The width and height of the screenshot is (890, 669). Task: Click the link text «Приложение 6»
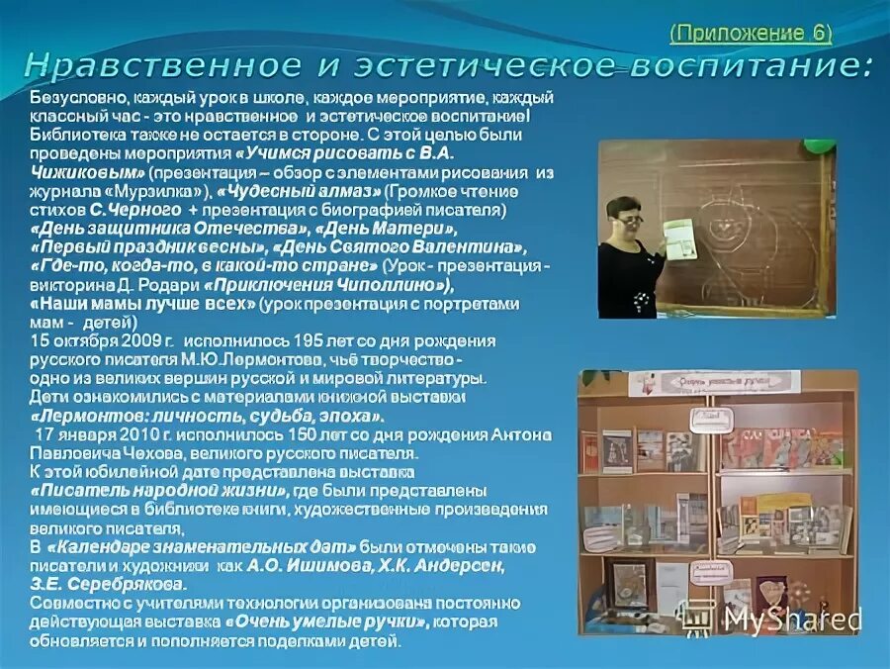(x=751, y=33)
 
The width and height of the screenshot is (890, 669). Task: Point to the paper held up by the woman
(x=681, y=239)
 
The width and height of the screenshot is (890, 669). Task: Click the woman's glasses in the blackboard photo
(x=630, y=219)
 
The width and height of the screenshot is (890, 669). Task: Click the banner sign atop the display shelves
(x=714, y=381)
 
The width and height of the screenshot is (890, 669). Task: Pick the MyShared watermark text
(x=792, y=619)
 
